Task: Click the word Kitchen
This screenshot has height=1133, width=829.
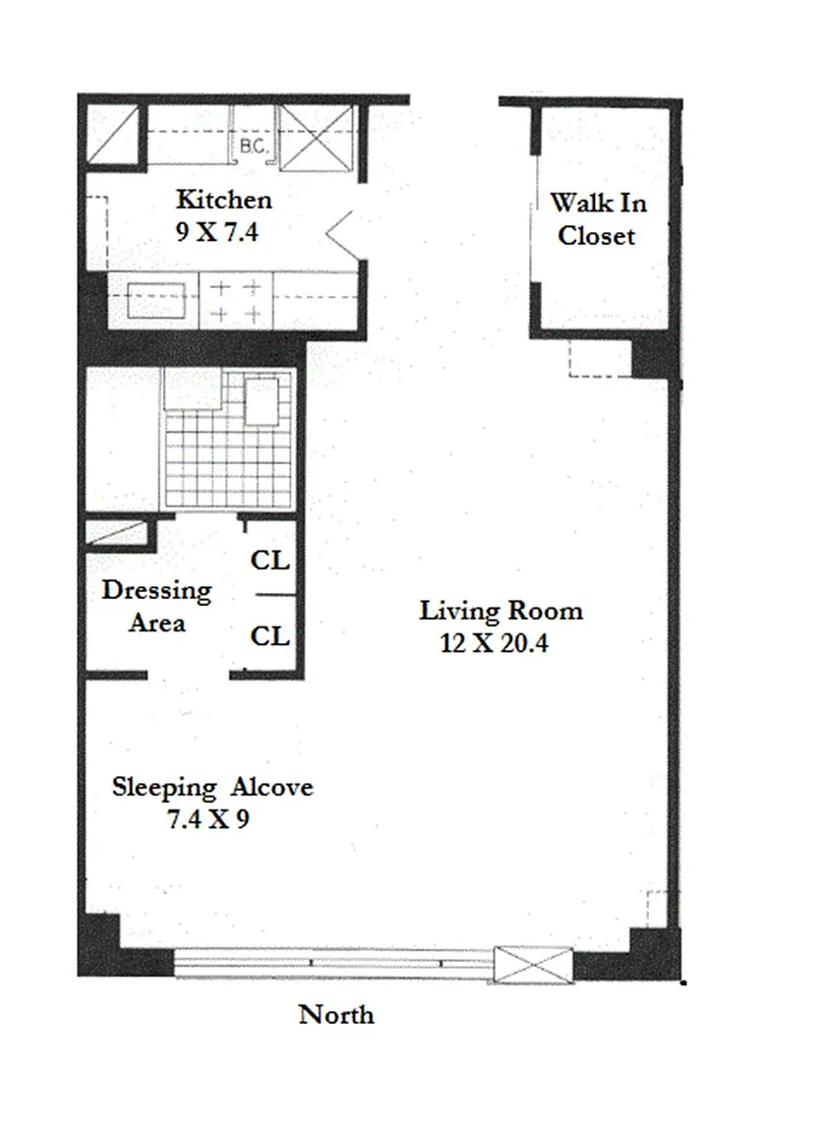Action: pos(224,200)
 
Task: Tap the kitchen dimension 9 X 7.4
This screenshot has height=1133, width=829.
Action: pos(216,232)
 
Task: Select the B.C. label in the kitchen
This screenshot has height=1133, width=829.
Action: pos(254,147)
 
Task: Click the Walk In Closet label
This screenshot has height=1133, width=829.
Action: pos(598,219)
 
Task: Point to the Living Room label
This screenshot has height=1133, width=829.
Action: pos(501,611)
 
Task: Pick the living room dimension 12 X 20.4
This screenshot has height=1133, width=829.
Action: pos(495,642)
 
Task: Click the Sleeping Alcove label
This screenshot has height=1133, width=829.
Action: pos(212,787)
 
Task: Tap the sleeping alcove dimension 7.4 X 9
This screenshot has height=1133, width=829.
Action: pos(208,818)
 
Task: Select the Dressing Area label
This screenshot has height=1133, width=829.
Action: pos(156,606)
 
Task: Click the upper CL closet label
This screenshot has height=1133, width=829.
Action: pos(270,560)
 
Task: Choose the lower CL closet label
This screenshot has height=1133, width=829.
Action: pos(270,636)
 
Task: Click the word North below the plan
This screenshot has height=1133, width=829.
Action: pos(336,1015)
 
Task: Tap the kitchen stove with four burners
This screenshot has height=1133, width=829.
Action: pos(236,301)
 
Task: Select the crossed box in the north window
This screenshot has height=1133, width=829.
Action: pos(533,965)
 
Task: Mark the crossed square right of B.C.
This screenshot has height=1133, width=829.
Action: pos(317,138)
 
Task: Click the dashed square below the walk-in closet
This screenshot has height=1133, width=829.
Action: pos(601,358)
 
